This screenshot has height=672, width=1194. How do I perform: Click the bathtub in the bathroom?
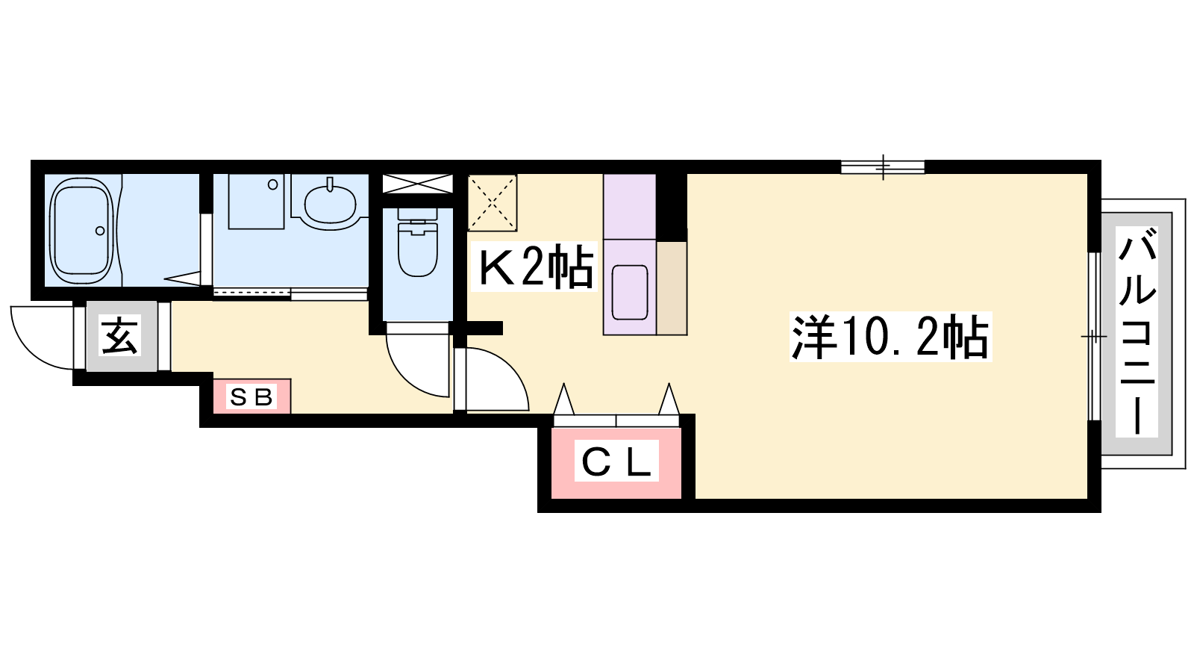pyautogui.click(x=83, y=231)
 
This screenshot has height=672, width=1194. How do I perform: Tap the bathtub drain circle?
pyautogui.click(x=100, y=231)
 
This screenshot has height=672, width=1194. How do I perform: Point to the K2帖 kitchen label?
pyautogui.click(x=534, y=266)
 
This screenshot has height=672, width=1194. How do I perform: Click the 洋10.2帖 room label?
pyautogui.click(x=890, y=337)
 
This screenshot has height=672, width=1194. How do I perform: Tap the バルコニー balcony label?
pyautogui.click(x=1137, y=332)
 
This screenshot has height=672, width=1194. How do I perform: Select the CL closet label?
pyautogui.click(x=616, y=461)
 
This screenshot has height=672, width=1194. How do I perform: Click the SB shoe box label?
pyautogui.click(x=251, y=396)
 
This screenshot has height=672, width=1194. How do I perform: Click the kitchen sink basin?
pyautogui.click(x=630, y=293)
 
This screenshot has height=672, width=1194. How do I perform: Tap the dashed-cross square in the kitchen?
pyautogui.click(x=492, y=202)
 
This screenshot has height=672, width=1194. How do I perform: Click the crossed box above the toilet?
pyautogui.click(x=417, y=184)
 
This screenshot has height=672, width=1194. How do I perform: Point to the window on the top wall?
pyautogui.click(x=883, y=167)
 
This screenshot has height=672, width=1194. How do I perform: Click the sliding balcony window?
pyautogui.click(x=1094, y=337)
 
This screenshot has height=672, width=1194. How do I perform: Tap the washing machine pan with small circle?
pyautogui.click(x=257, y=202)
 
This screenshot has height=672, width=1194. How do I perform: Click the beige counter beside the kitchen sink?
pyautogui.click(x=672, y=288)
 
